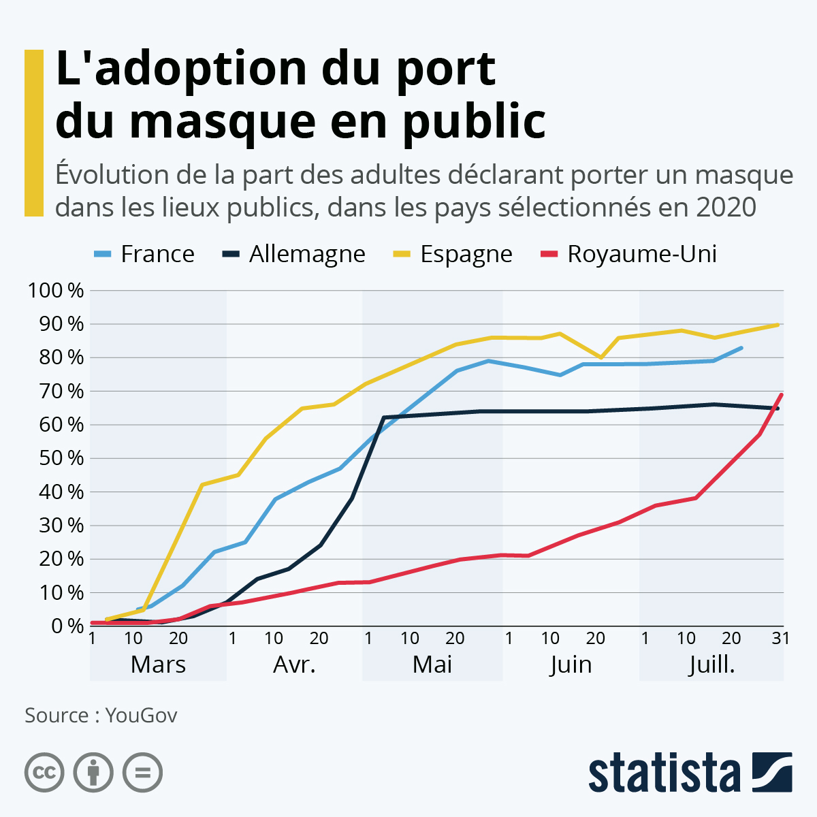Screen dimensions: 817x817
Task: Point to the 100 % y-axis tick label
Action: coord(56,291)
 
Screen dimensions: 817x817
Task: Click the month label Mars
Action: coord(158,664)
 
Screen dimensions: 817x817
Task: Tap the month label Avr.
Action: coord(294,664)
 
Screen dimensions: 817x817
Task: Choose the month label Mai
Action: coord(432,664)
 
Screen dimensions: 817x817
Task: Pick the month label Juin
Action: coord(571,664)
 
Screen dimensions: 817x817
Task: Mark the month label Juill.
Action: coord(711,664)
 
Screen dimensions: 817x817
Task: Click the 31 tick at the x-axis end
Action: coord(780,639)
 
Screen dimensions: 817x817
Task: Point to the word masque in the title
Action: coord(222,121)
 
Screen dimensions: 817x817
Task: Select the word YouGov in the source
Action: coord(142,716)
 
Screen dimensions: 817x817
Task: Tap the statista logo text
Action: coord(664,773)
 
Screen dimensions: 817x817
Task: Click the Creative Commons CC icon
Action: coord(44,773)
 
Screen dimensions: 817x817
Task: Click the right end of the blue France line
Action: coord(741,348)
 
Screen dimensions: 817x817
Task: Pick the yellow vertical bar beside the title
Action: coord(33,133)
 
